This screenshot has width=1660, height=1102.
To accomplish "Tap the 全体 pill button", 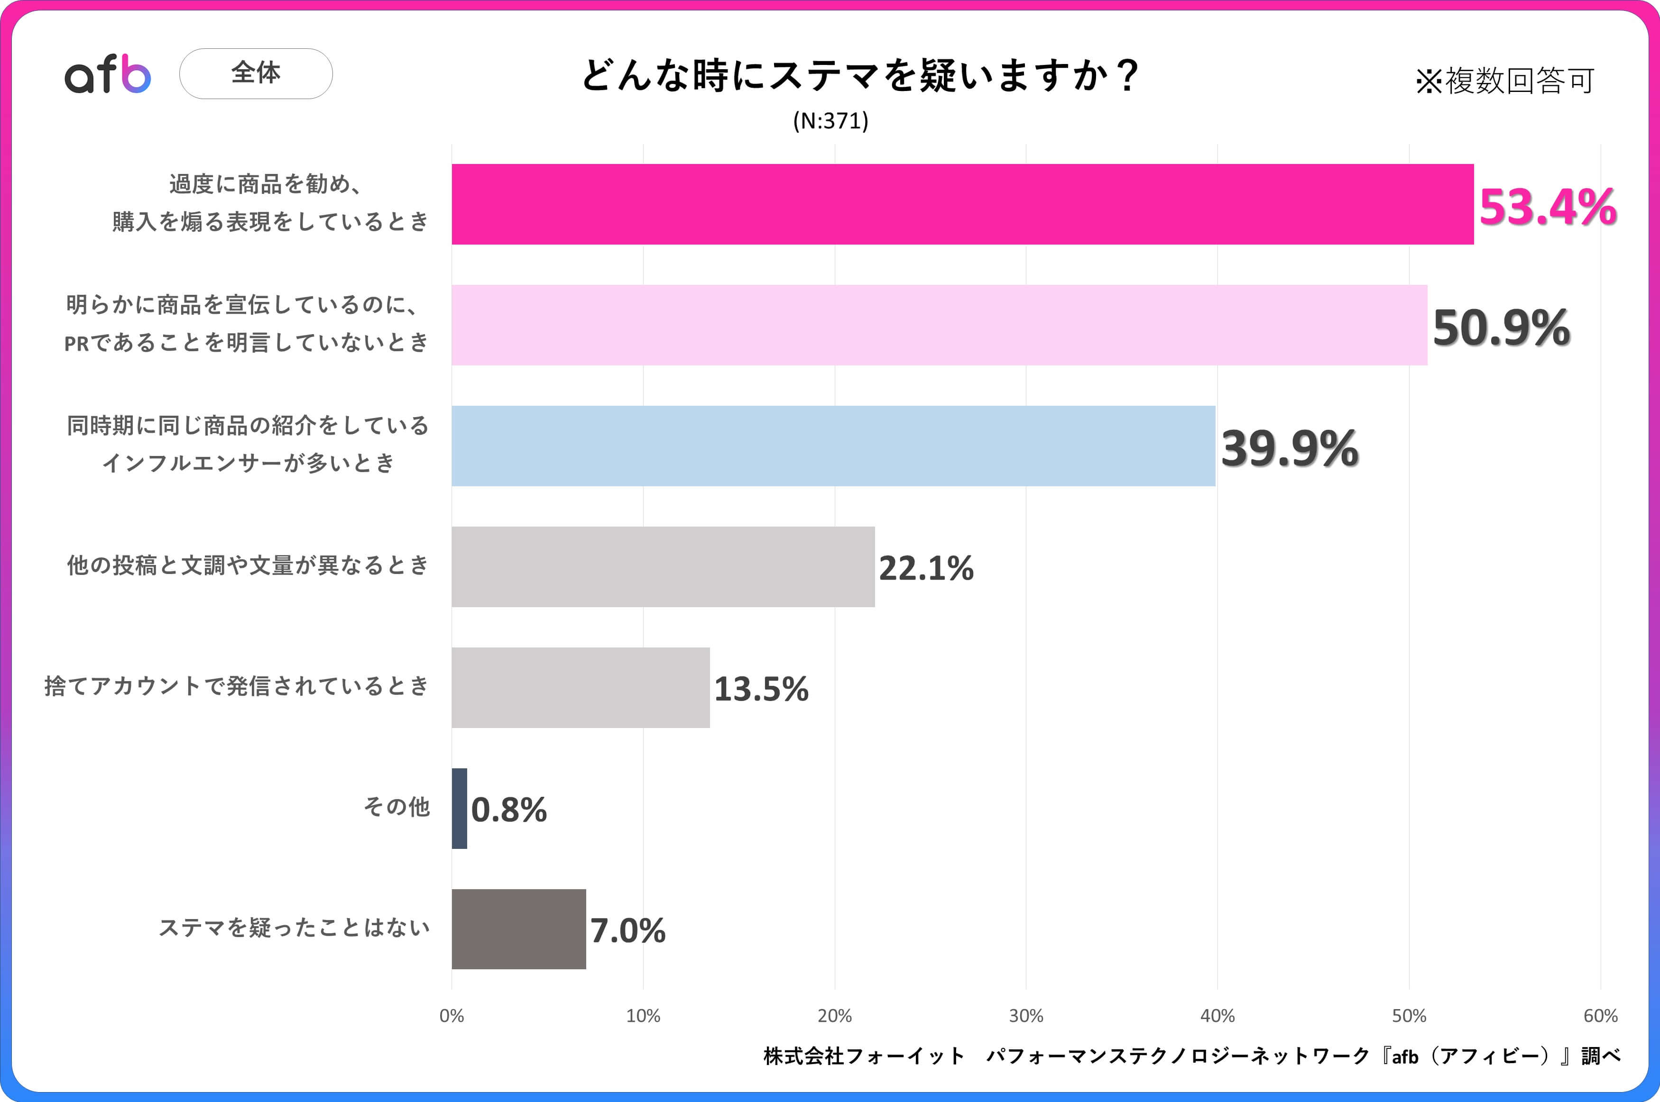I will (256, 73).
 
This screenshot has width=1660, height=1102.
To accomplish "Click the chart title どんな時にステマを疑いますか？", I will (859, 74).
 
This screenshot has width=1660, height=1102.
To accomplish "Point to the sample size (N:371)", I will (830, 121).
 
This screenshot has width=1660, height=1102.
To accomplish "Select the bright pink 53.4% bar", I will (962, 204).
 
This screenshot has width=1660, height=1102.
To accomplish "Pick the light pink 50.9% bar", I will (939, 325).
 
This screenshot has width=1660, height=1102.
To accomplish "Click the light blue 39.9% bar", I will (833, 446).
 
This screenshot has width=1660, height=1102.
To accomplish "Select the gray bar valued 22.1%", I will (663, 566).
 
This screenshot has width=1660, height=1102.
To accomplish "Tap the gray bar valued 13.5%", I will (580, 687).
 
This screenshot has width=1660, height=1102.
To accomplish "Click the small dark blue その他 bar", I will (459, 808).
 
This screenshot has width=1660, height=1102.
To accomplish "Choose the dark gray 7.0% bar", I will (518, 929).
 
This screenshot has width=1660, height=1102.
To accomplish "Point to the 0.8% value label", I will (508, 810).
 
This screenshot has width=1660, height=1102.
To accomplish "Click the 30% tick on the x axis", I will (1026, 1016).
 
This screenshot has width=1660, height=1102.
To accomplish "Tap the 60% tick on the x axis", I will (1600, 1016).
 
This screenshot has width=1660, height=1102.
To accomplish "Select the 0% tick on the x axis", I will (452, 1016).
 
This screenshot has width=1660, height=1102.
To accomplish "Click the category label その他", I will (396, 807).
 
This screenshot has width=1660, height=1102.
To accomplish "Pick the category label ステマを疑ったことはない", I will (294, 928).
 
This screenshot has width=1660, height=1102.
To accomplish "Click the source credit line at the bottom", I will (1192, 1056).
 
